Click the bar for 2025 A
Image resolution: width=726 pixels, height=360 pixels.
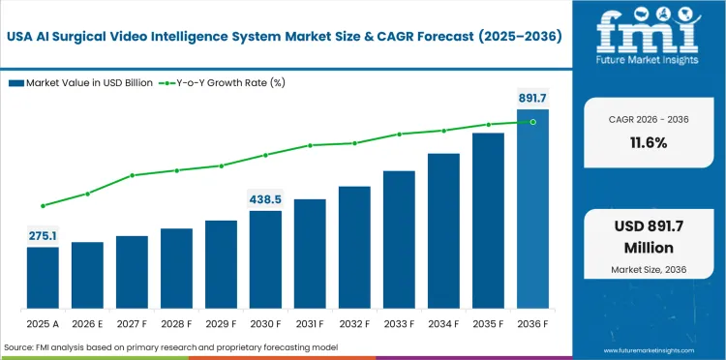click(x=43, y=277)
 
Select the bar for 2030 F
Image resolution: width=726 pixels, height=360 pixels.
click(x=265, y=258)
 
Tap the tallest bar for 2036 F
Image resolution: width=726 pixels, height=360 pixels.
click(x=532, y=208)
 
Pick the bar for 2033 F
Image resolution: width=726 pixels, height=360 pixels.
click(x=399, y=239)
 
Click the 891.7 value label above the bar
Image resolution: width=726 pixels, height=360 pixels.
click(x=532, y=98)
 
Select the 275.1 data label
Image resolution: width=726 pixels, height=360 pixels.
click(x=43, y=235)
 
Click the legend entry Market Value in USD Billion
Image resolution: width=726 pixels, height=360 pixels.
click(x=87, y=82)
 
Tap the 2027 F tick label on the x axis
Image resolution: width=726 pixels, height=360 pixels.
click(x=132, y=322)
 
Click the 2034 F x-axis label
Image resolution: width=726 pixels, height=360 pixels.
click(x=443, y=322)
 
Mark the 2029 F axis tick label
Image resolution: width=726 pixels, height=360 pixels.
click(x=221, y=322)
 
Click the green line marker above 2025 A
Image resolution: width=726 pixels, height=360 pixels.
click(x=43, y=205)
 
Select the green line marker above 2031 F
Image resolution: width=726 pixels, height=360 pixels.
click(x=310, y=145)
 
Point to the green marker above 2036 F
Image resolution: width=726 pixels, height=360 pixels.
click(x=532, y=122)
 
